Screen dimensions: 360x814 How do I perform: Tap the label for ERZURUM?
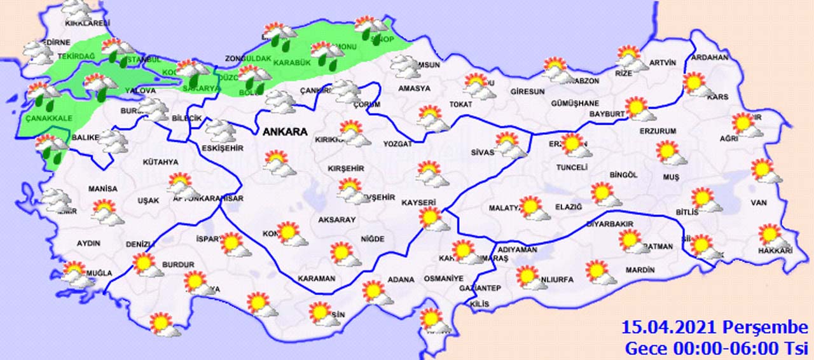coord(658,132)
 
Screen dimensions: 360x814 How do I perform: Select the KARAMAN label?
coord(316,279)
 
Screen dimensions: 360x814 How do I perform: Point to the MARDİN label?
coord(640,270)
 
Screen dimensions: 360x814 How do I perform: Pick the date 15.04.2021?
coord(670,328)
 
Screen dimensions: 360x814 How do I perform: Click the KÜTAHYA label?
coord(160,162)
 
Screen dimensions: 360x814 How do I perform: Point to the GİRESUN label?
coord(527,92)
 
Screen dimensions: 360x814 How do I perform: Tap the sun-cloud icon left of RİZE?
coord(630,57)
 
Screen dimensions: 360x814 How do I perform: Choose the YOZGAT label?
coord(397,144)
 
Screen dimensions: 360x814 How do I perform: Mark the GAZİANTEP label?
coord(479,288)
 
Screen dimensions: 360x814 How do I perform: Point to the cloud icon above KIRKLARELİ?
coord(77,10)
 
